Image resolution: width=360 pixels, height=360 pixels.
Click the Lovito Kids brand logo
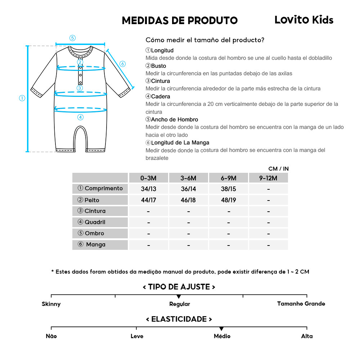pos(304,20)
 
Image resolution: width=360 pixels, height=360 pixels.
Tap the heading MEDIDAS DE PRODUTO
pos(180,21)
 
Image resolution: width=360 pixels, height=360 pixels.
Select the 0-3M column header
pos(149,178)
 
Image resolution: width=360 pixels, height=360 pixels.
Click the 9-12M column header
pos(268,178)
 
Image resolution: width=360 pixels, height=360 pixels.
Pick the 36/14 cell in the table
pos(188,189)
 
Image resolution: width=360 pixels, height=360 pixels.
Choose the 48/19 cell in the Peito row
pos(229,200)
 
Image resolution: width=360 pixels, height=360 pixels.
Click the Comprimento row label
pos(100,188)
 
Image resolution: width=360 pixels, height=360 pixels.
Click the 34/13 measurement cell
pos(149,189)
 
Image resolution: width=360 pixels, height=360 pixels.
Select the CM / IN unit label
pos(278,168)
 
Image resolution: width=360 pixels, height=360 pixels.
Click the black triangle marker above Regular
pos(179,297)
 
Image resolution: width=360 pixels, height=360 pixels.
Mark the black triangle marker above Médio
pos(221,329)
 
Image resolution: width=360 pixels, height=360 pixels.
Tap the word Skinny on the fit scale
pos(51,304)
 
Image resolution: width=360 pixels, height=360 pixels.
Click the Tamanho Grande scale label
pos(301,303)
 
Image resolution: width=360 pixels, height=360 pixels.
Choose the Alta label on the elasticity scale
pos(307,336)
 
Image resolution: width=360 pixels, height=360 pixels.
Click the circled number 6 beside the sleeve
pos(122,64)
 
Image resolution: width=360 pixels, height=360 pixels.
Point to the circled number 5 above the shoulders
pos(72,38)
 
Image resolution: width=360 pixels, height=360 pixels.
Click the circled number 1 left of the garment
pos(22,98)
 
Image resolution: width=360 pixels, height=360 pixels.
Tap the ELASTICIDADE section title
pos(179,319)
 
